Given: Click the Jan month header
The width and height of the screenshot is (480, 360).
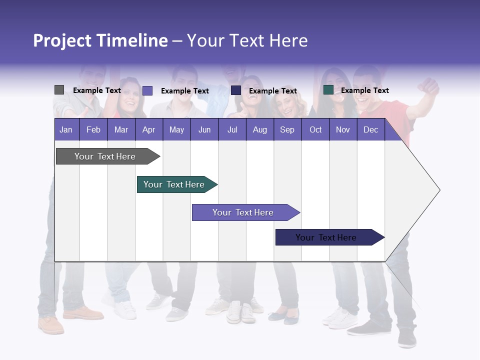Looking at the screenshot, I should click(x=66, y=129).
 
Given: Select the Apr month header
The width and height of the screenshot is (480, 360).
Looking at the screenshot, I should click(x=148, y=129).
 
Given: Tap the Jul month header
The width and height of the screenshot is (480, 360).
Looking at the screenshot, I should click(x=232, y=129).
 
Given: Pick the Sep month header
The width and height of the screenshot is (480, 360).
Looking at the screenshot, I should click(x=287, y=129).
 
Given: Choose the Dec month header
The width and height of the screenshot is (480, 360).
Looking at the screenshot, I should click(x=370, y=129).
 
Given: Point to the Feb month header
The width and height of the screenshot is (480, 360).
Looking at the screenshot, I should click(x=93, y=129).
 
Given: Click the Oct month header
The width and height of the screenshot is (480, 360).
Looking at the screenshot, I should click(x=315, y=129).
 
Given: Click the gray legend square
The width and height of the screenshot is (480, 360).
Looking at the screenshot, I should click(x=59, y=90).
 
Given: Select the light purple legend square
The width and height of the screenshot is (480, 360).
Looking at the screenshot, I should click(x=147, y=90).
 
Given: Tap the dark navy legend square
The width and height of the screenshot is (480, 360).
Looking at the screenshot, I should click(x=236, y=90).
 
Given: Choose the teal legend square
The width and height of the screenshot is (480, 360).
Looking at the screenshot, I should click(x=328, y=90).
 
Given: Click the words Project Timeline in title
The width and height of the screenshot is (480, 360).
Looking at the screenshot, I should click(x=100, y=40).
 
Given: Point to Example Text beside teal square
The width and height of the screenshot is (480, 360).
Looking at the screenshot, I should click(x=364, y=90).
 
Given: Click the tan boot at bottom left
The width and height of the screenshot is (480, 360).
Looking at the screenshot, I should click(x=51, y=325).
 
